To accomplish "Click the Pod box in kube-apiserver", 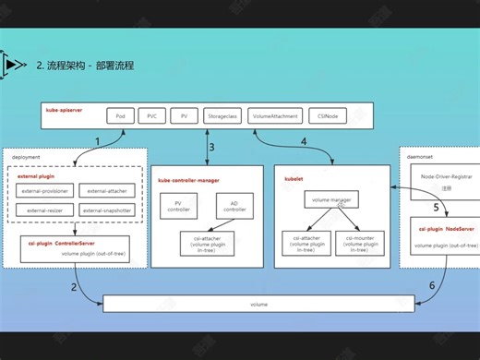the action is [120, 116].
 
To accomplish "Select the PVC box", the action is [152, 116].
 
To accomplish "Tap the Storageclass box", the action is [222, 116].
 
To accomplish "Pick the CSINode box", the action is [328, 116].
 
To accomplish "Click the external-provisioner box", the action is [43, 191].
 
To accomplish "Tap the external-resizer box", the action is [43, 210].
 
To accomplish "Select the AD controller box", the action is [234, 206].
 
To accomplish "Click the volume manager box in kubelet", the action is [328, 198].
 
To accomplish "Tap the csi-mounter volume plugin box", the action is [358, 242].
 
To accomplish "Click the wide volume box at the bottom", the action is [258, 304].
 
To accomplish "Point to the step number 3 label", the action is [211, 146].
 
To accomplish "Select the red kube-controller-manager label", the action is [189, 180].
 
